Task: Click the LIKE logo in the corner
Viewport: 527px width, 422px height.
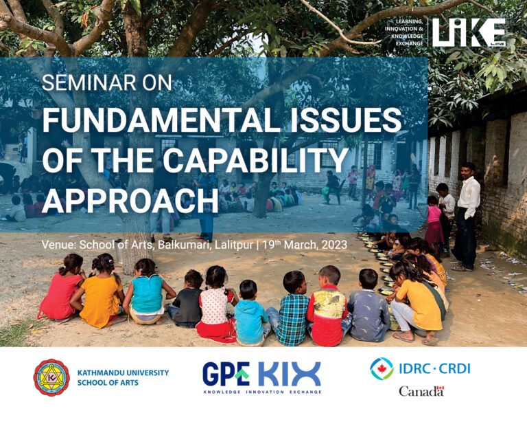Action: click(469, 32)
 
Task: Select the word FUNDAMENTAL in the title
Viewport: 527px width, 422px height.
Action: click(161, 121)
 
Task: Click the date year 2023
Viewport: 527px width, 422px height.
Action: click(334, 245)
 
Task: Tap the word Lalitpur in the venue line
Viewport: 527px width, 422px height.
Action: click(233, 245)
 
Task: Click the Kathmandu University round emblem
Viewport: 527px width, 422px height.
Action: click(51, 377)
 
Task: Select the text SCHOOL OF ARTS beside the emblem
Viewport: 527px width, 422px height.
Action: click(108, 383)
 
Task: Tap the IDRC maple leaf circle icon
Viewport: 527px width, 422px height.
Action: click(382, 369)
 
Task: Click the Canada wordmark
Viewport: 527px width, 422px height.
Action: click(421, 391)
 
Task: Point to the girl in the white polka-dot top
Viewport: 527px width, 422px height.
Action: click(215, 304)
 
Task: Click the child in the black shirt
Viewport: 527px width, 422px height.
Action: click(187, 300)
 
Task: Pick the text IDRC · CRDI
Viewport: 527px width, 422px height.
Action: click(434, 369)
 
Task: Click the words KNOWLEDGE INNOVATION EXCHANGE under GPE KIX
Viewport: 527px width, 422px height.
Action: click(262, 392)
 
